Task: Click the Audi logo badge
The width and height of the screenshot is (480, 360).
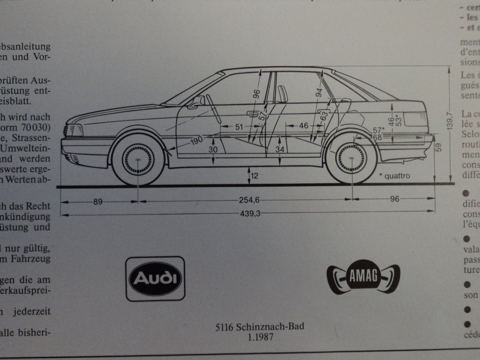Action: pyautogui.click(x=155, y=278)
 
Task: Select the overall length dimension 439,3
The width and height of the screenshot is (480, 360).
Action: pyautogui.click(x=250, y=214)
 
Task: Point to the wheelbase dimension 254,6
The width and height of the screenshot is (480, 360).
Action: pyautogui.click(x=249, y=202)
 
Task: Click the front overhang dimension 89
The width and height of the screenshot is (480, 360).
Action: pyautogui.click(x=98, y=202)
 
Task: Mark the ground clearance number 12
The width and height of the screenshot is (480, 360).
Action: pyautogui.click(x=254, y=176)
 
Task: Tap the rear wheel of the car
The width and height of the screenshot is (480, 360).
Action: pyautogui.click(x=352, y=158)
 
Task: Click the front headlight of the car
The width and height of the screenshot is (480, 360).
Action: pyautogui.click(x=73, y=130)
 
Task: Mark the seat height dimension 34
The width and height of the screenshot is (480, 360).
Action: pyautogui.click(x=281, y=150)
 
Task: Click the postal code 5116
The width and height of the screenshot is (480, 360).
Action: pyautogui.click(x=224, y=328)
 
